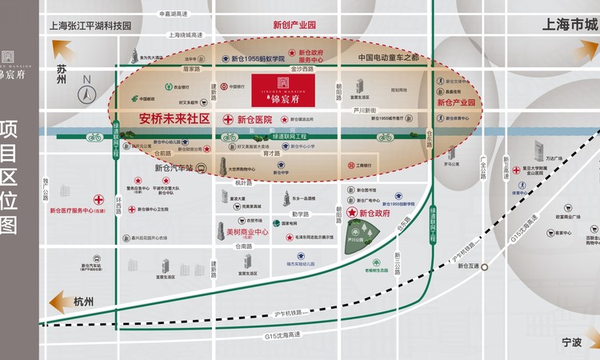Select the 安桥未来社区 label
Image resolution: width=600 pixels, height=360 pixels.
pyautogui.click(x=174, y=118)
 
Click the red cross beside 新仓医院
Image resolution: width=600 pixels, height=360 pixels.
pyautogui.click(x=228, y=119)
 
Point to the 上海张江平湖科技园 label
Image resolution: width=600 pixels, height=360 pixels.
pyautogui.click(x=90, y=25)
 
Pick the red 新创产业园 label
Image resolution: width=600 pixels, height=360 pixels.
pyautogui.click(x=294, y=25)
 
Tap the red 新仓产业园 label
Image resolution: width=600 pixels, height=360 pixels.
pyautogui.click(x=456, y=103)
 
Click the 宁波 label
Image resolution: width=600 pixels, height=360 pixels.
pyautogui.click(x=571, y=342)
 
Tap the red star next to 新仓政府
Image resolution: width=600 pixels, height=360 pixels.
pyautogui.click(x=351, y=214)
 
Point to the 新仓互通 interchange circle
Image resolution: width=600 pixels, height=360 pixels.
pyautogui.click(x=483, y=266)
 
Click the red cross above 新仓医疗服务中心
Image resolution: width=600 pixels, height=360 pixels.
pyautogui.click(x=98, y=199)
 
